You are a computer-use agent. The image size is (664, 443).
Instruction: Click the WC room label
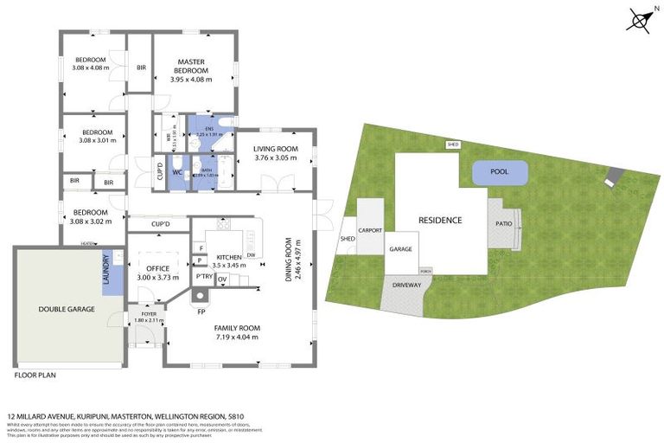tap(176, 172)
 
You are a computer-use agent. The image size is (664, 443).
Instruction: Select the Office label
tap(157, 269)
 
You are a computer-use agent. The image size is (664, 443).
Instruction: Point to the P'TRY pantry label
tap(204, 277)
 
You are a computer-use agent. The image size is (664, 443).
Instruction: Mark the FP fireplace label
tap(201, 310)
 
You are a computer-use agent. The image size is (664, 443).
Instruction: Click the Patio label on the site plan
tap(503, 223)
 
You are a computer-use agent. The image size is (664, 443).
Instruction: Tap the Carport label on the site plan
tap(370, 230)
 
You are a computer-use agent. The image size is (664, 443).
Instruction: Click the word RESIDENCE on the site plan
tap(440, 220)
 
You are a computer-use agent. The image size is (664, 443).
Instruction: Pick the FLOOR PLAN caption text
tap(35, 376)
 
